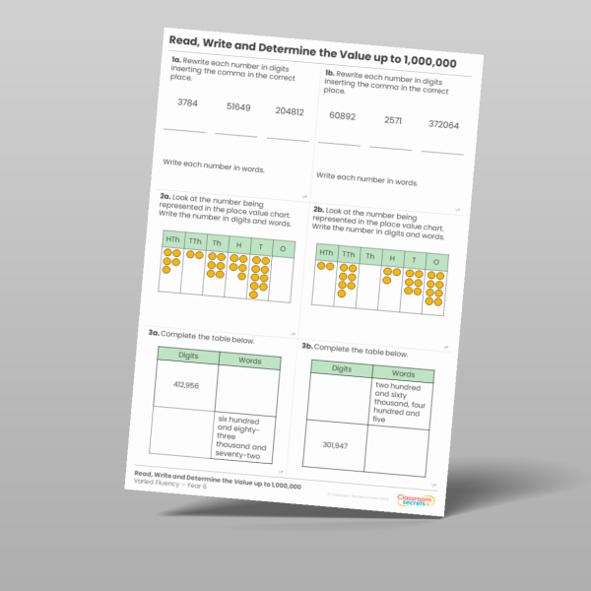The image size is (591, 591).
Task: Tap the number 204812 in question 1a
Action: [x=290, y=111]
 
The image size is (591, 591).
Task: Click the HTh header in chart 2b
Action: [x=326, y=252]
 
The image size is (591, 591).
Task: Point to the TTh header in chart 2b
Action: [x=348, y=254]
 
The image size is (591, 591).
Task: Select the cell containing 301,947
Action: [x=336, y=446]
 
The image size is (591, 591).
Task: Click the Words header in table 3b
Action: [x=403, y=374]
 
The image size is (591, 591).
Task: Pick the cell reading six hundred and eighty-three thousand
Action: [x=239, y=437]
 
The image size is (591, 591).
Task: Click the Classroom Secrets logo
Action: [x=417, y=502]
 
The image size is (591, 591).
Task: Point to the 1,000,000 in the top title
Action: [x=425, y=61]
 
